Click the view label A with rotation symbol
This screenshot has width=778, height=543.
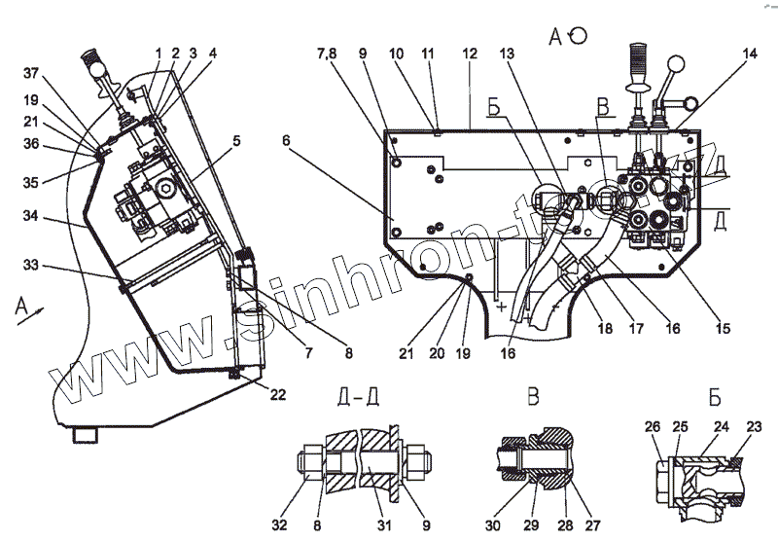click(567, 37)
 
